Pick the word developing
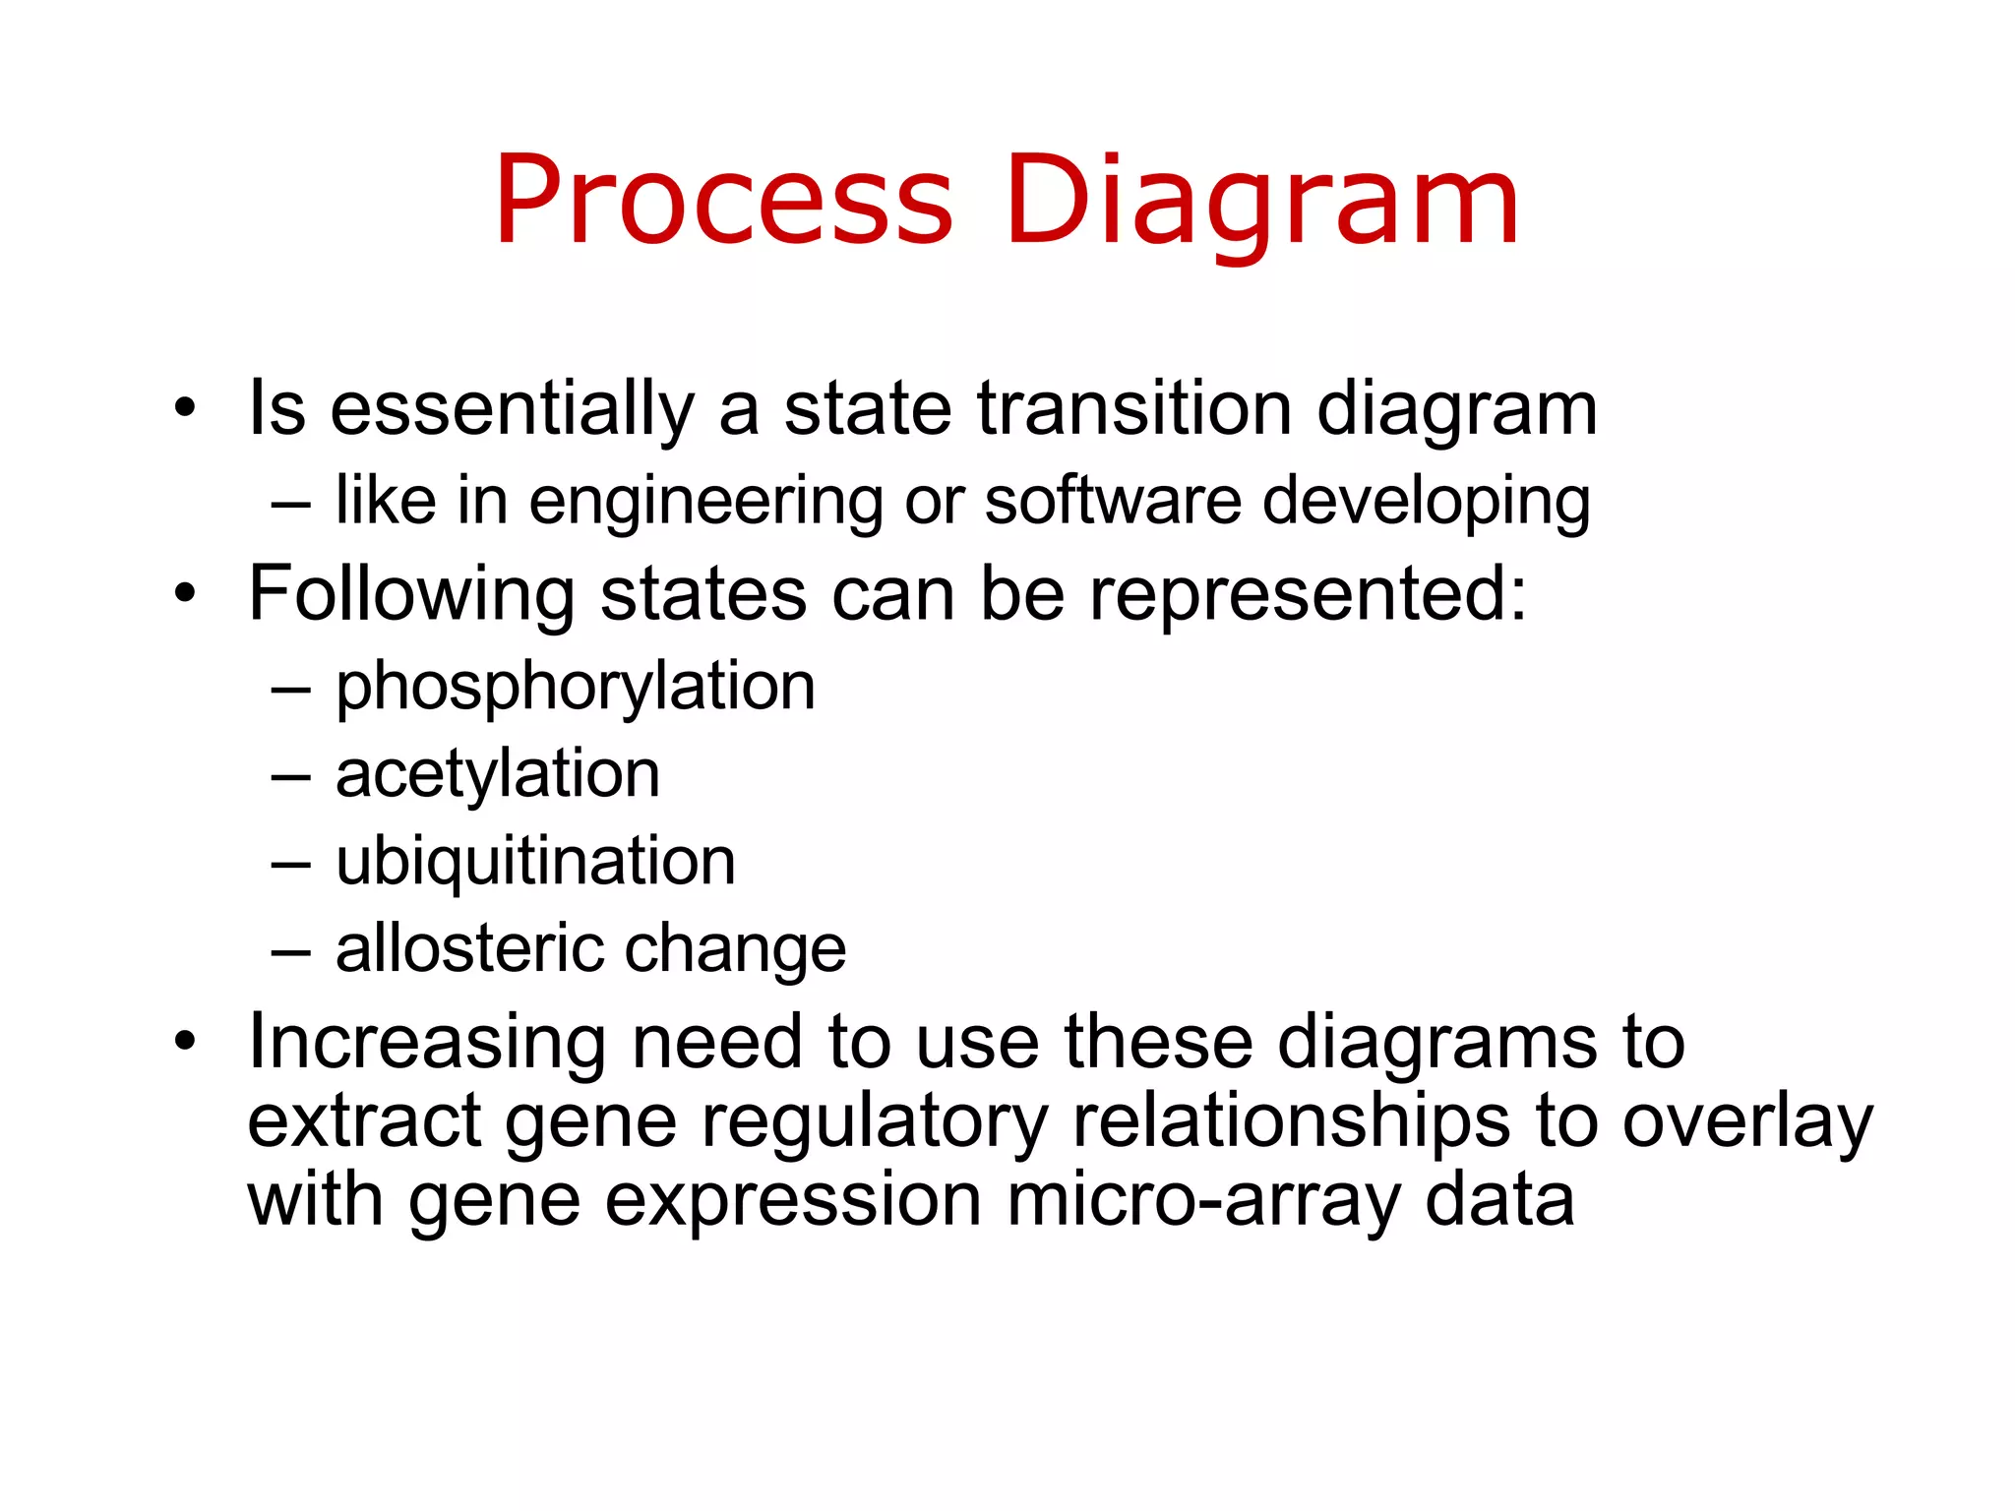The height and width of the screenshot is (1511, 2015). [x=1426, y=502]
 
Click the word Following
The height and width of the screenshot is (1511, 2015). [x=411, y=595]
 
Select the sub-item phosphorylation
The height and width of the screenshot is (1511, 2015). [x=576, y=687]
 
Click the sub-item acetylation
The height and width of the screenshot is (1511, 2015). [x=498, y=774]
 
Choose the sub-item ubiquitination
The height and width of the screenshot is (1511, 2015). [x=535, y=862]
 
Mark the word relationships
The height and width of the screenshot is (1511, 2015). [x=1290, y=1121]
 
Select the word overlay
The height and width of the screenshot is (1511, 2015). [x=1747, y=1121]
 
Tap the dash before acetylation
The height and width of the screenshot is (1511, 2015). [x=290, y=777]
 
